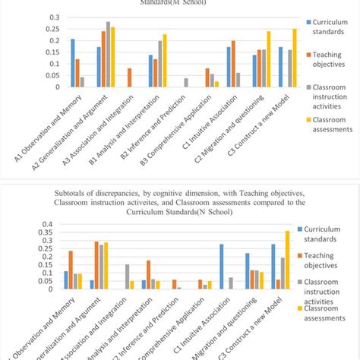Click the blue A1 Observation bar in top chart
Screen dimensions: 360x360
click(x=73, y=63)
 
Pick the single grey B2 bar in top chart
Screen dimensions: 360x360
click(x=165, y=82)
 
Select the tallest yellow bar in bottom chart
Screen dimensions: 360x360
click(x=286, y=260)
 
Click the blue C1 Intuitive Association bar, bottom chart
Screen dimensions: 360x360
click(x=221, y=266)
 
